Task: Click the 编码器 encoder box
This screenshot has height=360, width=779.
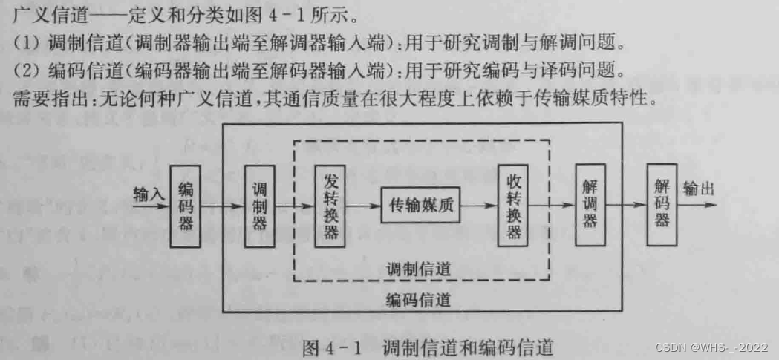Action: click(186, 206)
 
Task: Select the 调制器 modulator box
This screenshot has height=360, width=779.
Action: click(259, 206)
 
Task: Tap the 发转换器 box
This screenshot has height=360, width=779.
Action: click(330, 206)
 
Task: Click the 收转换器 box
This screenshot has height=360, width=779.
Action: click(513, 206)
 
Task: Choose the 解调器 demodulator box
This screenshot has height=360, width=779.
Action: click(590, 206)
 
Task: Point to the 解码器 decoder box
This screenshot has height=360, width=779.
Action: click(662, 206)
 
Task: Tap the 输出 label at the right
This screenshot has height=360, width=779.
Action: click(698, 189)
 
